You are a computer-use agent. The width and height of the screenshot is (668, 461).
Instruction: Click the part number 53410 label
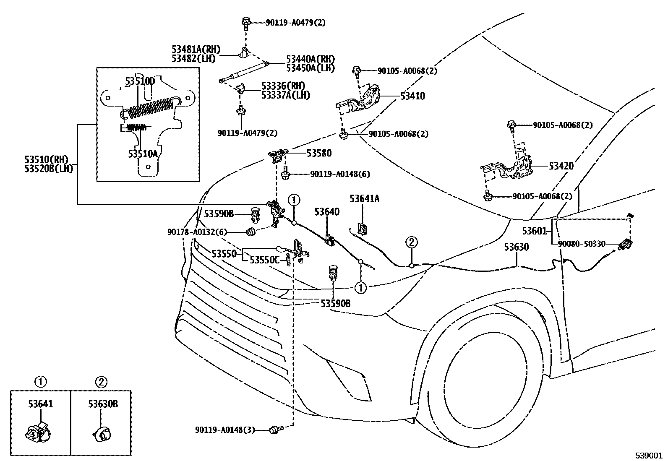coord(412,96)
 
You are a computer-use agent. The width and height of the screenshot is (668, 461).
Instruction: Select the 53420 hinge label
coord(561,166)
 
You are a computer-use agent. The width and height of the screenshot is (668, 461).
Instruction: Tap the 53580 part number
coord(318,154)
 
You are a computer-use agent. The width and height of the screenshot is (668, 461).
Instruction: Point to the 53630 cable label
coord(516,247)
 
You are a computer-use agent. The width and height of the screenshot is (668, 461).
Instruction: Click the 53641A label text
coord(364,199)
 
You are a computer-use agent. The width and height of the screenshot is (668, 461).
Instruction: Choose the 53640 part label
coord(326,212)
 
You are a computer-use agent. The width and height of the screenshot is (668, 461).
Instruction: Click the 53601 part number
coord(534,231)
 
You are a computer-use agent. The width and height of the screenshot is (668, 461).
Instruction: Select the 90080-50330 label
coord(581,244)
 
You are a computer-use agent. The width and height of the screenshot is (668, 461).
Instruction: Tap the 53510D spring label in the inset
coord(140,81)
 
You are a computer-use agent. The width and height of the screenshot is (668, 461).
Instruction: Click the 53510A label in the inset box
coord(143,154)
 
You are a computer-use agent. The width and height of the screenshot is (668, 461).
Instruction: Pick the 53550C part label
coord(264,260)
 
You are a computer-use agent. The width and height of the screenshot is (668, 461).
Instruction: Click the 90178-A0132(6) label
coord(197,232)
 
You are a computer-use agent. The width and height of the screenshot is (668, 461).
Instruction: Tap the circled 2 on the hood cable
coord(411,242)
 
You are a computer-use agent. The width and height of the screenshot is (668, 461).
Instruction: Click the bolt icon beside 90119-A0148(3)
coord(275,429)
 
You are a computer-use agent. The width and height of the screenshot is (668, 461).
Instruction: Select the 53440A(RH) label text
coord(311,59)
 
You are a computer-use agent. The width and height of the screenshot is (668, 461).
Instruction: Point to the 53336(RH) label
coord(283,86)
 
